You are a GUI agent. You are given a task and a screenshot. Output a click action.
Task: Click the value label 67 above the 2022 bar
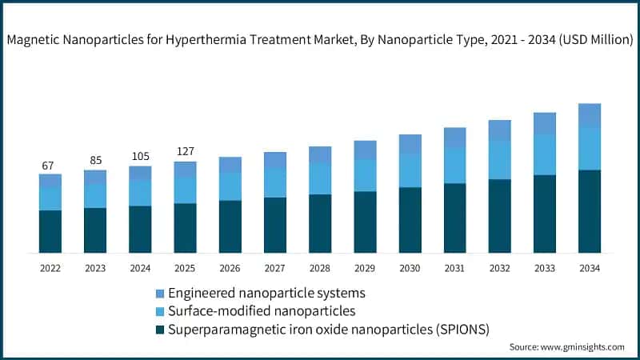[x=48, y=166]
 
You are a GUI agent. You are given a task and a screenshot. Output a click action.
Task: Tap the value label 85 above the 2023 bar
[x=94, y=161]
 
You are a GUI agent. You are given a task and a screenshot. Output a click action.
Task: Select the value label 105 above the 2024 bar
[x=140, y=157]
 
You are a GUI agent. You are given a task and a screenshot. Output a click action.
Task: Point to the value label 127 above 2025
[x=185, y=152]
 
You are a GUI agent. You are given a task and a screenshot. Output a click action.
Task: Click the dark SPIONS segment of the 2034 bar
[x=590, y=211]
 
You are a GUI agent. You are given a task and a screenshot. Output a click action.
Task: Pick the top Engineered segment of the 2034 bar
[x=590, y=115]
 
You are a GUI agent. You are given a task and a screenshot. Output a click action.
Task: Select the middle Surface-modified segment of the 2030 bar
[x=410, y=170]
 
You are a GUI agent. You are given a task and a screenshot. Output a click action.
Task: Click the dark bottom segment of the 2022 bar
[x=50, y=231]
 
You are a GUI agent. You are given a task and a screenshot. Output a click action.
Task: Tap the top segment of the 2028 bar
[x=320, y=155]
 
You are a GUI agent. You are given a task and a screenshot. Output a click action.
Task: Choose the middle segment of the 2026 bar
[x=230, y=186]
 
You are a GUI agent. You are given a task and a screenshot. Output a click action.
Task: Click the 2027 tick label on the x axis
[x=274, y=268]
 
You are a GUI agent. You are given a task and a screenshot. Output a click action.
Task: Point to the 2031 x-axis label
[x=454, y=268]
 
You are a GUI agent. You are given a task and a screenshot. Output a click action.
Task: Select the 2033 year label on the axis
[x=545, y=268]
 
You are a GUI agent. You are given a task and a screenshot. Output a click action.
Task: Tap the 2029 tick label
[x=365, y=268]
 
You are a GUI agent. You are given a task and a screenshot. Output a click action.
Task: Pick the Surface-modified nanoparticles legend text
[x=262, y=310]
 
